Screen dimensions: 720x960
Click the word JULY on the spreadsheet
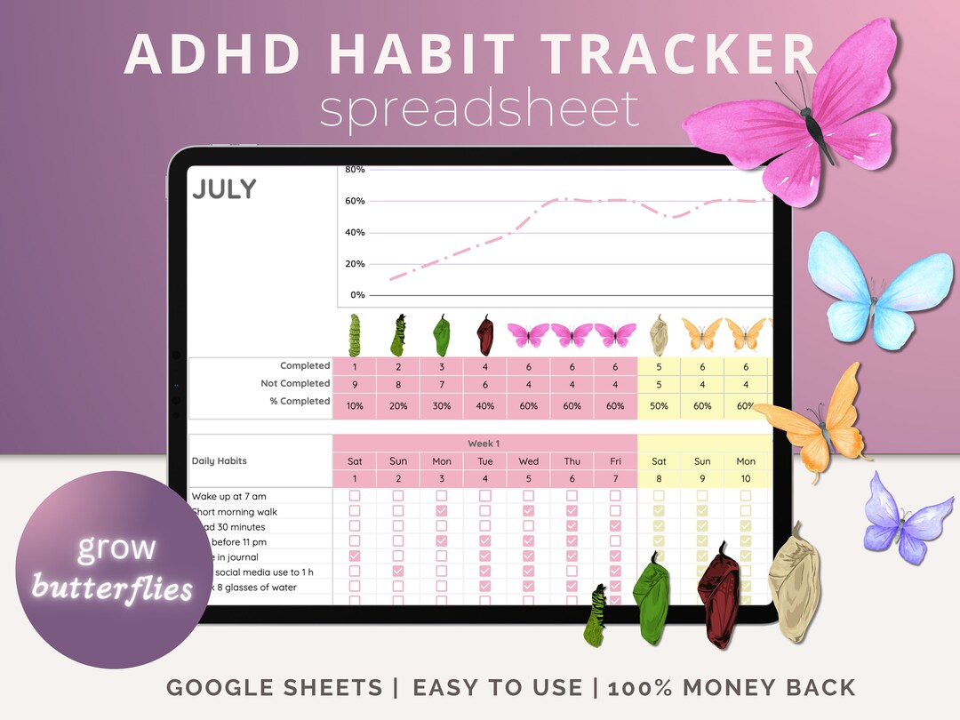click(x=224, y=189)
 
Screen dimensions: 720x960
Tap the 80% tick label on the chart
click(x=355, y=170)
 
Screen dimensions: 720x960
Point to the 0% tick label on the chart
click(x=357, y=295)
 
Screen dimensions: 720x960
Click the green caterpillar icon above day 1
click(x=355, y=334)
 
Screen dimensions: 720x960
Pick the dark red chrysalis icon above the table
click(x=484, y=334)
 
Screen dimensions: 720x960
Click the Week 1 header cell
click(x=484, y=444)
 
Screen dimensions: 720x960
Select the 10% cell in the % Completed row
click(x=355, y=406)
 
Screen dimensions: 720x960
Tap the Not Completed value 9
click(x=355, y=384)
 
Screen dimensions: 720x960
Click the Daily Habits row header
click(x=219, y=461)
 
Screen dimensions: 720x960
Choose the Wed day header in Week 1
click(x=528, y=461)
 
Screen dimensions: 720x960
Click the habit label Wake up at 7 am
click(x=228, y=496)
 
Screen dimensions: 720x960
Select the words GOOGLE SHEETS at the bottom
click(x=269, y=687)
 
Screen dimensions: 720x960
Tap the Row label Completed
click(x=305, y=366)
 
